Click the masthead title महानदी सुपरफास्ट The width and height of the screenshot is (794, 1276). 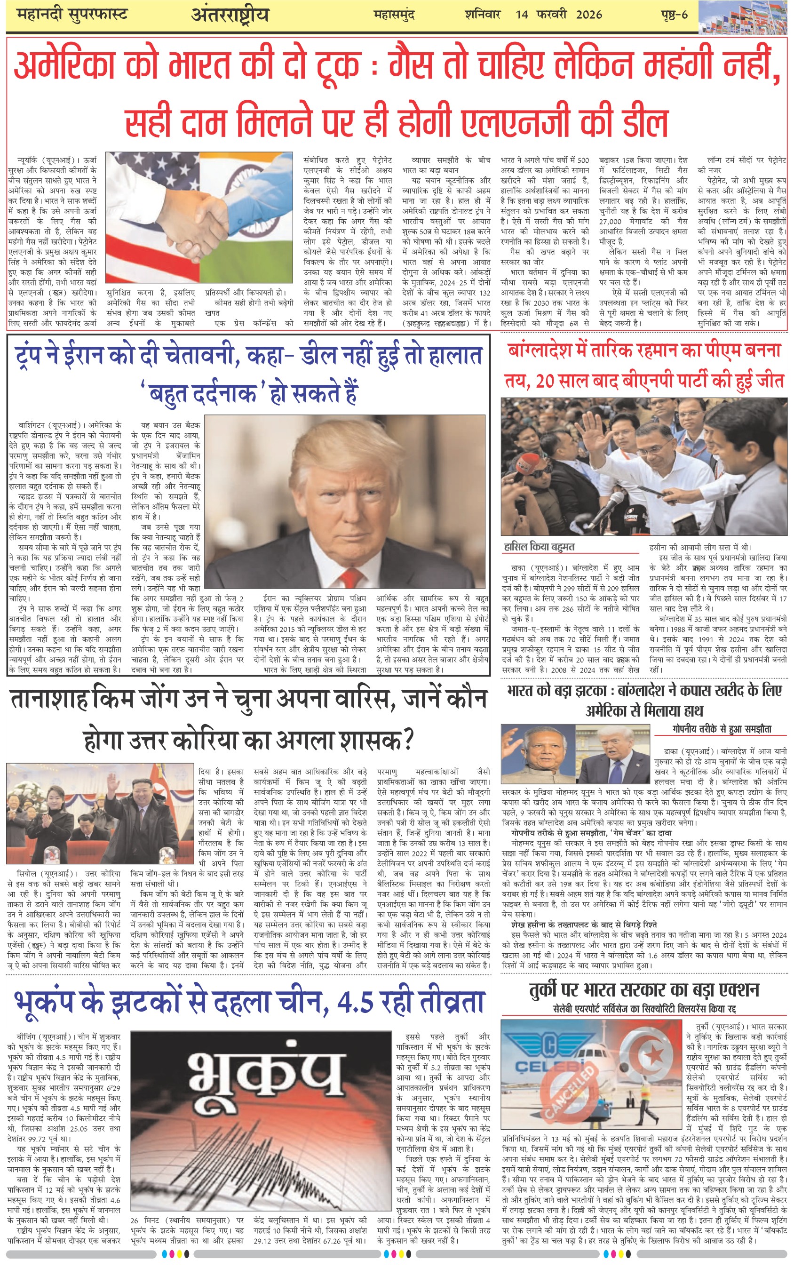tap(72, 14)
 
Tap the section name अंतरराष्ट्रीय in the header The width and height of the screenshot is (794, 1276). tap(230, 15)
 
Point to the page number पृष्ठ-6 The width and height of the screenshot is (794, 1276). tap(674, 14)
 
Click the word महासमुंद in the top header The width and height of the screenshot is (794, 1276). tap(394, 15)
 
